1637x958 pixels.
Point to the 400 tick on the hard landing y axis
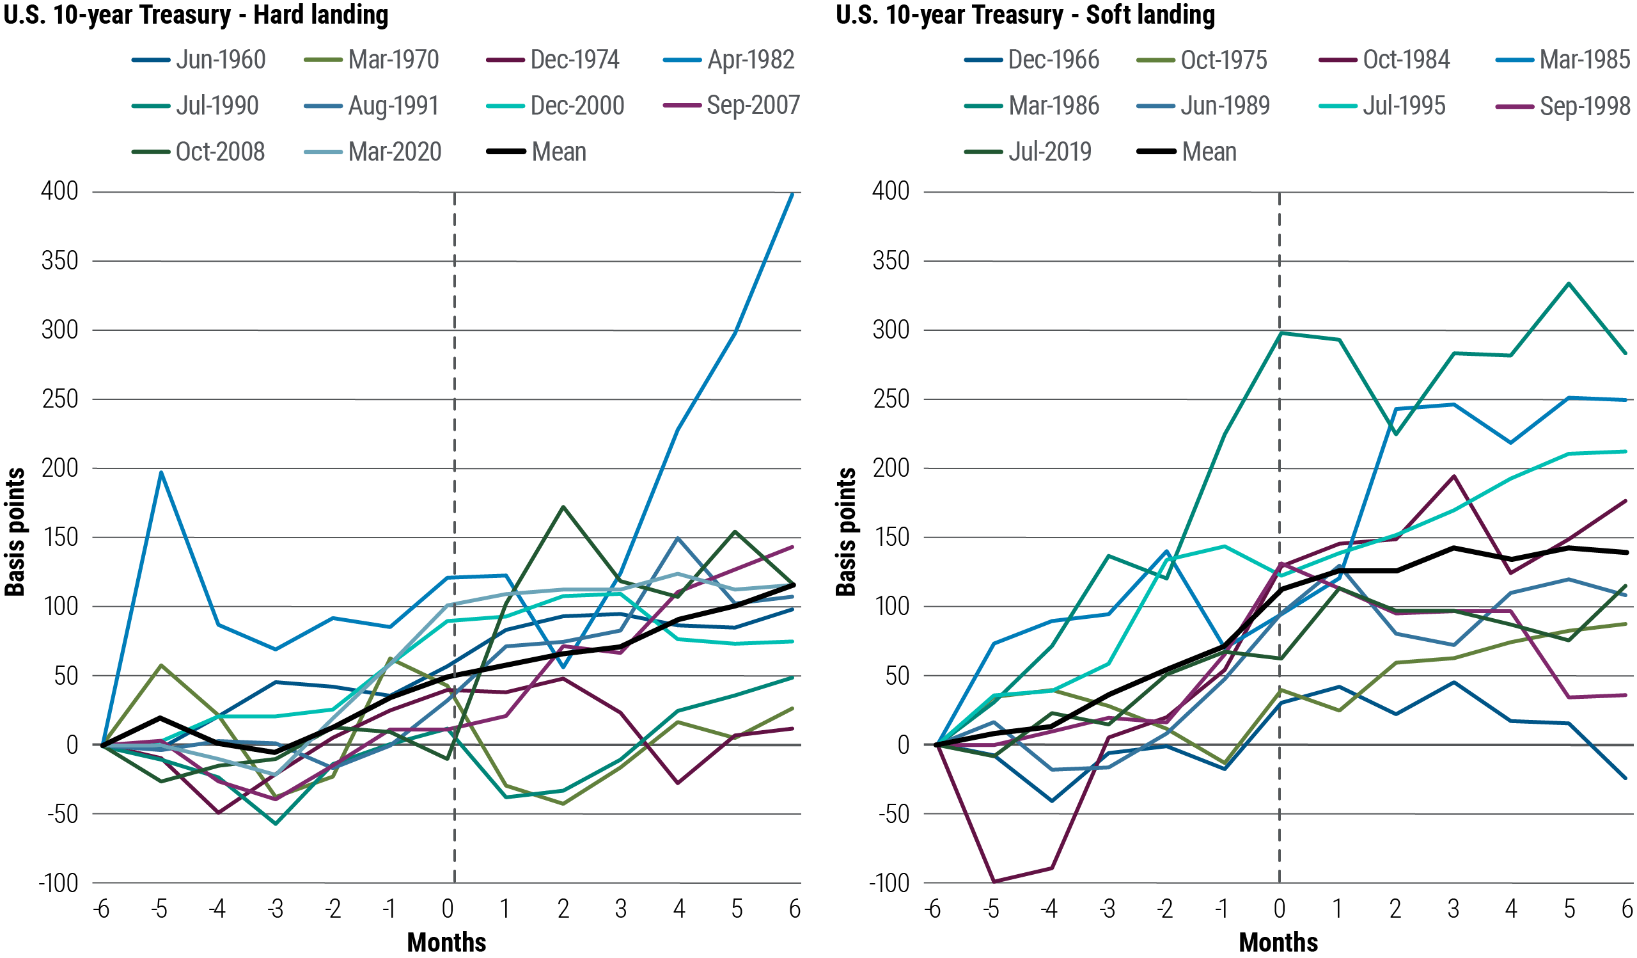click(59, 192)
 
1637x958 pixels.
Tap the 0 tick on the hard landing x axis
click(448, 909)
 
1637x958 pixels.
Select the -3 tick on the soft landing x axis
click(1107, 909)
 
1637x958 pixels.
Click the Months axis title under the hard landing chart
click(447, 943)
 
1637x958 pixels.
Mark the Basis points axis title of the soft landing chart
click(846, 532)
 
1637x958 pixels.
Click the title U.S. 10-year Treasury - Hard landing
click(196, 14)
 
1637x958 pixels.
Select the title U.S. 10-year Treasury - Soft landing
click(1025, 14)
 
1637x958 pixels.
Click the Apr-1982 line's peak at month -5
click(161, 472)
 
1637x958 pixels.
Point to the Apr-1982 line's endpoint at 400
click(792, 194)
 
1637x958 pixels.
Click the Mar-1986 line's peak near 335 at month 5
click(1569, 283)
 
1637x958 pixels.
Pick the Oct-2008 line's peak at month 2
click(563, 507)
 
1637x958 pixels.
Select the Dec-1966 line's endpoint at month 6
click(1626, 778)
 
